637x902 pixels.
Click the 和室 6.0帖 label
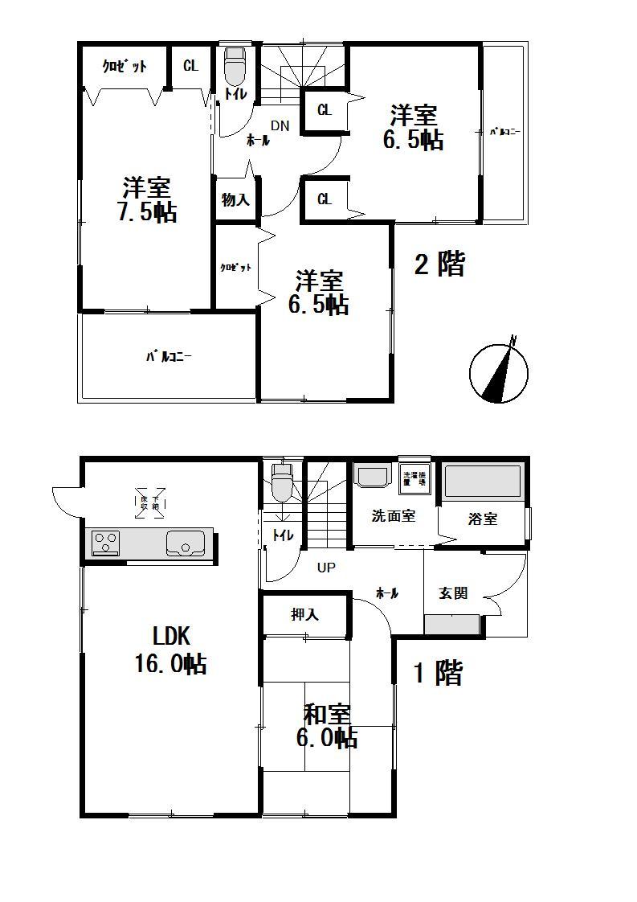click(327, 726)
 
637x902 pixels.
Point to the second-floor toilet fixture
click(234, 67)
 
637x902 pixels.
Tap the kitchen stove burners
click(106, 543)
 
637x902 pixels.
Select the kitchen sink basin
click(187, 543)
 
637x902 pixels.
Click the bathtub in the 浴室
click(483, 483)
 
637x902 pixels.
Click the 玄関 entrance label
click(453, 593)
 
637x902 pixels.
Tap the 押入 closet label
click(305, 615)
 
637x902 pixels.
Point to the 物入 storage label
click(235, 200)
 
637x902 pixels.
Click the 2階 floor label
click(439, 264)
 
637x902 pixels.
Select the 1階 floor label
click(438, 673)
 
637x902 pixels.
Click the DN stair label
click(280, 125)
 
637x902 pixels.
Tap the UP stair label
click(325, 568)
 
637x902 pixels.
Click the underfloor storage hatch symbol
click(151, 503)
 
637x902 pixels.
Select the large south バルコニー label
click(168, 357)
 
